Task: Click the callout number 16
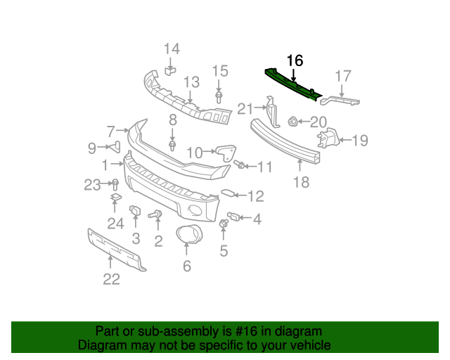[x=295, y=60]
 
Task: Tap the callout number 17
[x=342, y=76]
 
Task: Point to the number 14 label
[x=172, y=49]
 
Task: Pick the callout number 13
[x=192, y=82]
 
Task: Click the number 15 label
[x=220, y=70]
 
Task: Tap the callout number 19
[x=359, y=141]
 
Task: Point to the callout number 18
[x=300, y=183]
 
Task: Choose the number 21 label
[x=245, y=108]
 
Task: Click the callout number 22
[x=112, y=279]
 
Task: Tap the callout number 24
[x=115, y=224]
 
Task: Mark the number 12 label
[x=255, y=196]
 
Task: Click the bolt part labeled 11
[x=240, y=165]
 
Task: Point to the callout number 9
[x=91, y=148]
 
